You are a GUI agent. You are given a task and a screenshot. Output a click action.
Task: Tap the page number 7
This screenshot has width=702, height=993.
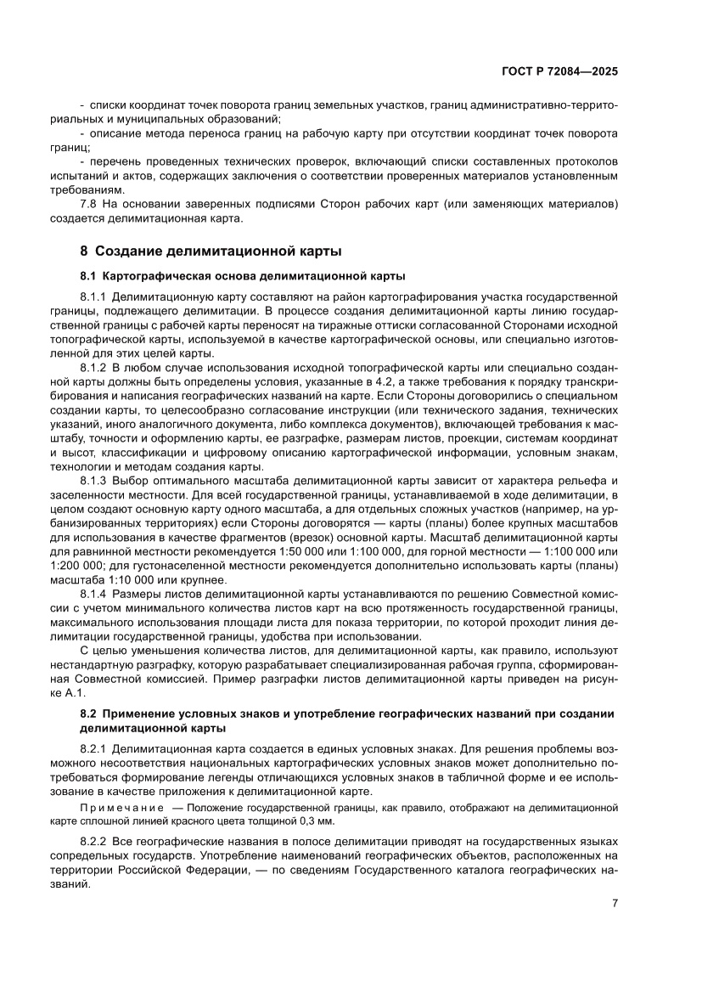614,902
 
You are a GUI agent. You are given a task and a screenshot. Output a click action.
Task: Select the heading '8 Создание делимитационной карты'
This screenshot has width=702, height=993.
210,251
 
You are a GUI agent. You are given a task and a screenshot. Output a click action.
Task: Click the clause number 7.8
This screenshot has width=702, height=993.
91,205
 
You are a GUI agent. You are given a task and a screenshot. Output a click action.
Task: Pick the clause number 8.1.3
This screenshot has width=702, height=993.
93,480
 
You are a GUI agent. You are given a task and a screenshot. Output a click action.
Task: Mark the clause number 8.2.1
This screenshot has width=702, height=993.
93,750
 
